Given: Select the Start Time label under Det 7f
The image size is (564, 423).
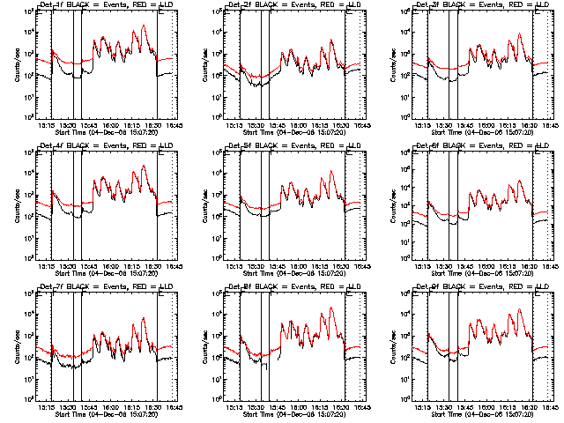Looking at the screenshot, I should (105, 414).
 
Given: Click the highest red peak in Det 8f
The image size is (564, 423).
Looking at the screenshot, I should (332, 308).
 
